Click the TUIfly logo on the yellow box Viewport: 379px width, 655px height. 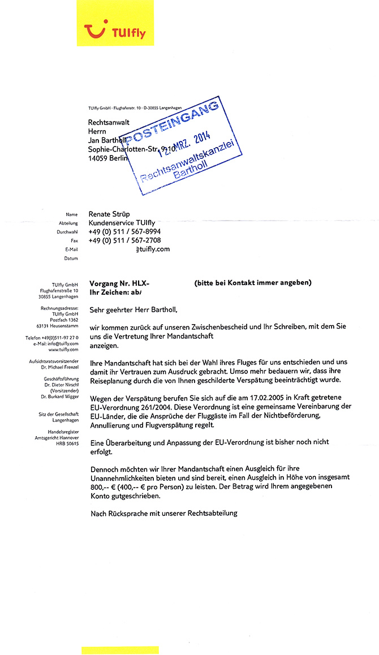pyautogui.click(x=115, y=32)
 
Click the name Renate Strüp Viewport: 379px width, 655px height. pyautogui.click(x=109, y=214)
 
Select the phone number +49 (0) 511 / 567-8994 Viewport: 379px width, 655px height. pyautogui.click(x=124, y=232)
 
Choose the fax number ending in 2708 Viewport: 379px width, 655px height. pyautogui.click(x=124, y=240)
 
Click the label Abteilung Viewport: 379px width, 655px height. pyautogui.click(x=68, y=223)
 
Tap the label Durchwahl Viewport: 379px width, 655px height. pyautogui.click(x=67, y=232)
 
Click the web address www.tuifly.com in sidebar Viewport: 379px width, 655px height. pyautogui.click(x=63, y=350)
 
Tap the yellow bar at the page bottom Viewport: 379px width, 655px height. pyautogui.click(x=120, y=650)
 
